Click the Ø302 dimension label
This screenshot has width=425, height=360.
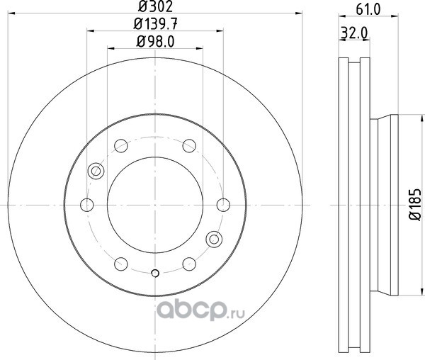155,6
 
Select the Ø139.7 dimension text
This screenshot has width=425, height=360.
156,24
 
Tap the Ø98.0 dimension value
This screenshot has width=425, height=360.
155,42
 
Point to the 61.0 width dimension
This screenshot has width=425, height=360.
368,9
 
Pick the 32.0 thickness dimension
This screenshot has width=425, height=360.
354,33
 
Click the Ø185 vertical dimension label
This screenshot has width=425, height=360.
415,204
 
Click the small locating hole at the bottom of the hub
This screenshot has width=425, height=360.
155,274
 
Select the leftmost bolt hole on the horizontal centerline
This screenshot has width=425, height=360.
87,205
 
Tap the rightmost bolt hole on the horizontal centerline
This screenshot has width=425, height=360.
223,205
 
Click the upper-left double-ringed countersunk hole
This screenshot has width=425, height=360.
96,171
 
